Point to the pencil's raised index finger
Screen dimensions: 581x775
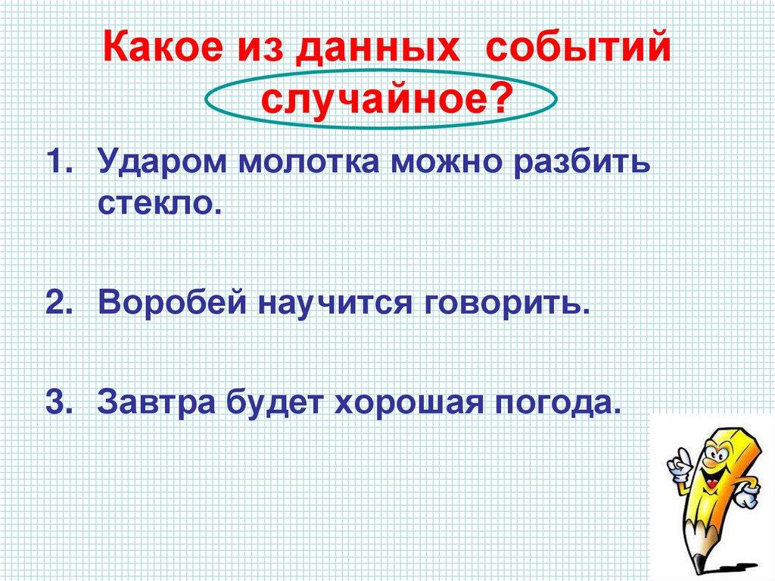pyautogui.click(x=680, y=452)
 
